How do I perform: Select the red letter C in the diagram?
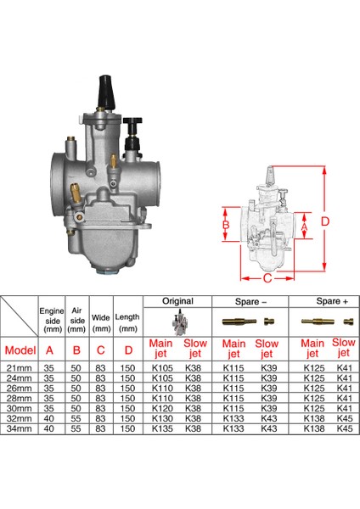click(267, 277)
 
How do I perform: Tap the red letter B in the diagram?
click(225, 227)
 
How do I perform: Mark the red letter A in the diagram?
click(305, 227)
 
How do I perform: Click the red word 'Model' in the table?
click(20, 350)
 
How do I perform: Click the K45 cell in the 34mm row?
click(344, 429)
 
